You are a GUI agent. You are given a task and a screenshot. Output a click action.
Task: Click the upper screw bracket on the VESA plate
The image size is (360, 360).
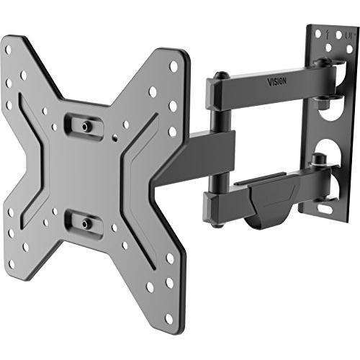point(84,125)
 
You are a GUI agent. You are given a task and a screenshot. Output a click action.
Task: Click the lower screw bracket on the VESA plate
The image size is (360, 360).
point(84,222)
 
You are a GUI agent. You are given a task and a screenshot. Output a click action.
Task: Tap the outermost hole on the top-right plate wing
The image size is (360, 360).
point(174,66)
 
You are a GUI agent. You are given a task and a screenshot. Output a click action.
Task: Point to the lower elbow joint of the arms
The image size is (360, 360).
point(216,196)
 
